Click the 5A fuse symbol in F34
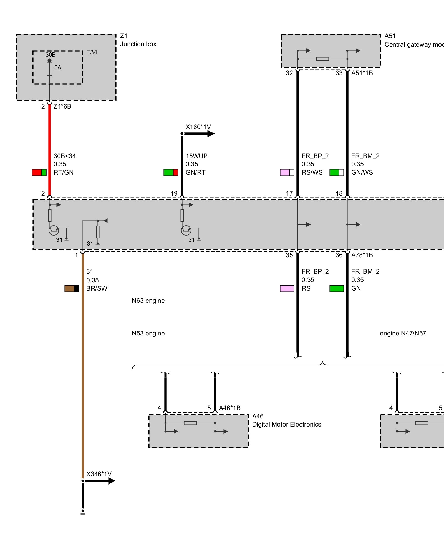point(49,69)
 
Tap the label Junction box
point(138,44)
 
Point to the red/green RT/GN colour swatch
point(39,172)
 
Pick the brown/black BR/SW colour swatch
point(72,289)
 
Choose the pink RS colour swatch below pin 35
point(287,289)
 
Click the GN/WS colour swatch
point(337,172)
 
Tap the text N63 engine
point(148,301)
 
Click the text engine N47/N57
point(403,333)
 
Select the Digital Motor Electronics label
point(286,424)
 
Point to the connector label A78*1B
point(362,255)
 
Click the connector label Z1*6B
point(62,106)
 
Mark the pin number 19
point(174,193)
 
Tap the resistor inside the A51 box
point(322,59)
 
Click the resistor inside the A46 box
point(190,423)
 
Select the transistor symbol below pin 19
point(186,230)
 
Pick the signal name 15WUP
point(196,156)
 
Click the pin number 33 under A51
point(339,73)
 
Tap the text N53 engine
point(148,333)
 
